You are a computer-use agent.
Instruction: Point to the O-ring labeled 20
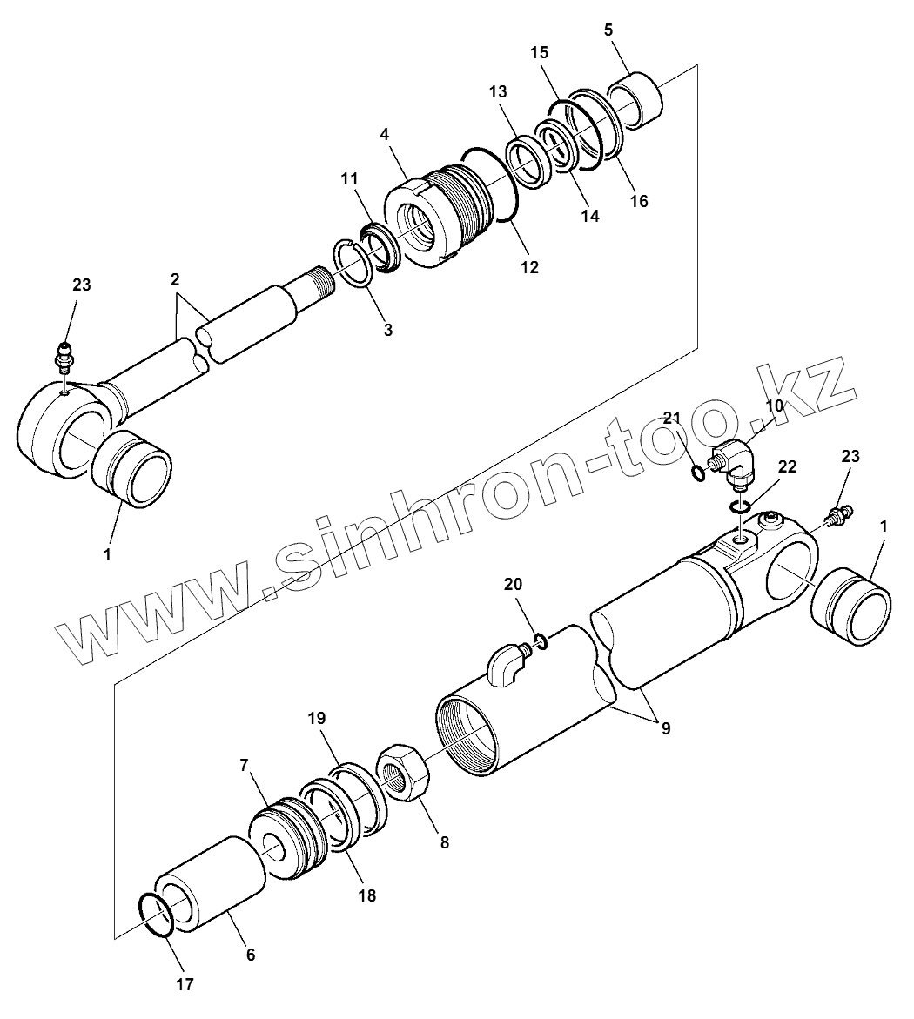pos(541,642)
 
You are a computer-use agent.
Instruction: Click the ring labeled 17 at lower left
pos(158,915)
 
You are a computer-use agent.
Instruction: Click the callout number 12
pos(529,267)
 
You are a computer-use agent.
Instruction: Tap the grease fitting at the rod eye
pos(63,359)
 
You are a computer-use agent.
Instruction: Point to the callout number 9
pos(665,728)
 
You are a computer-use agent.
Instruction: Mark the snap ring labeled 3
pos(353,265)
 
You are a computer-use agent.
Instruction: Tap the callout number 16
pos(639,201)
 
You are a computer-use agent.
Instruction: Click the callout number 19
pos(316,719)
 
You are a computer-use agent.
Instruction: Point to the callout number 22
pos(786,467)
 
